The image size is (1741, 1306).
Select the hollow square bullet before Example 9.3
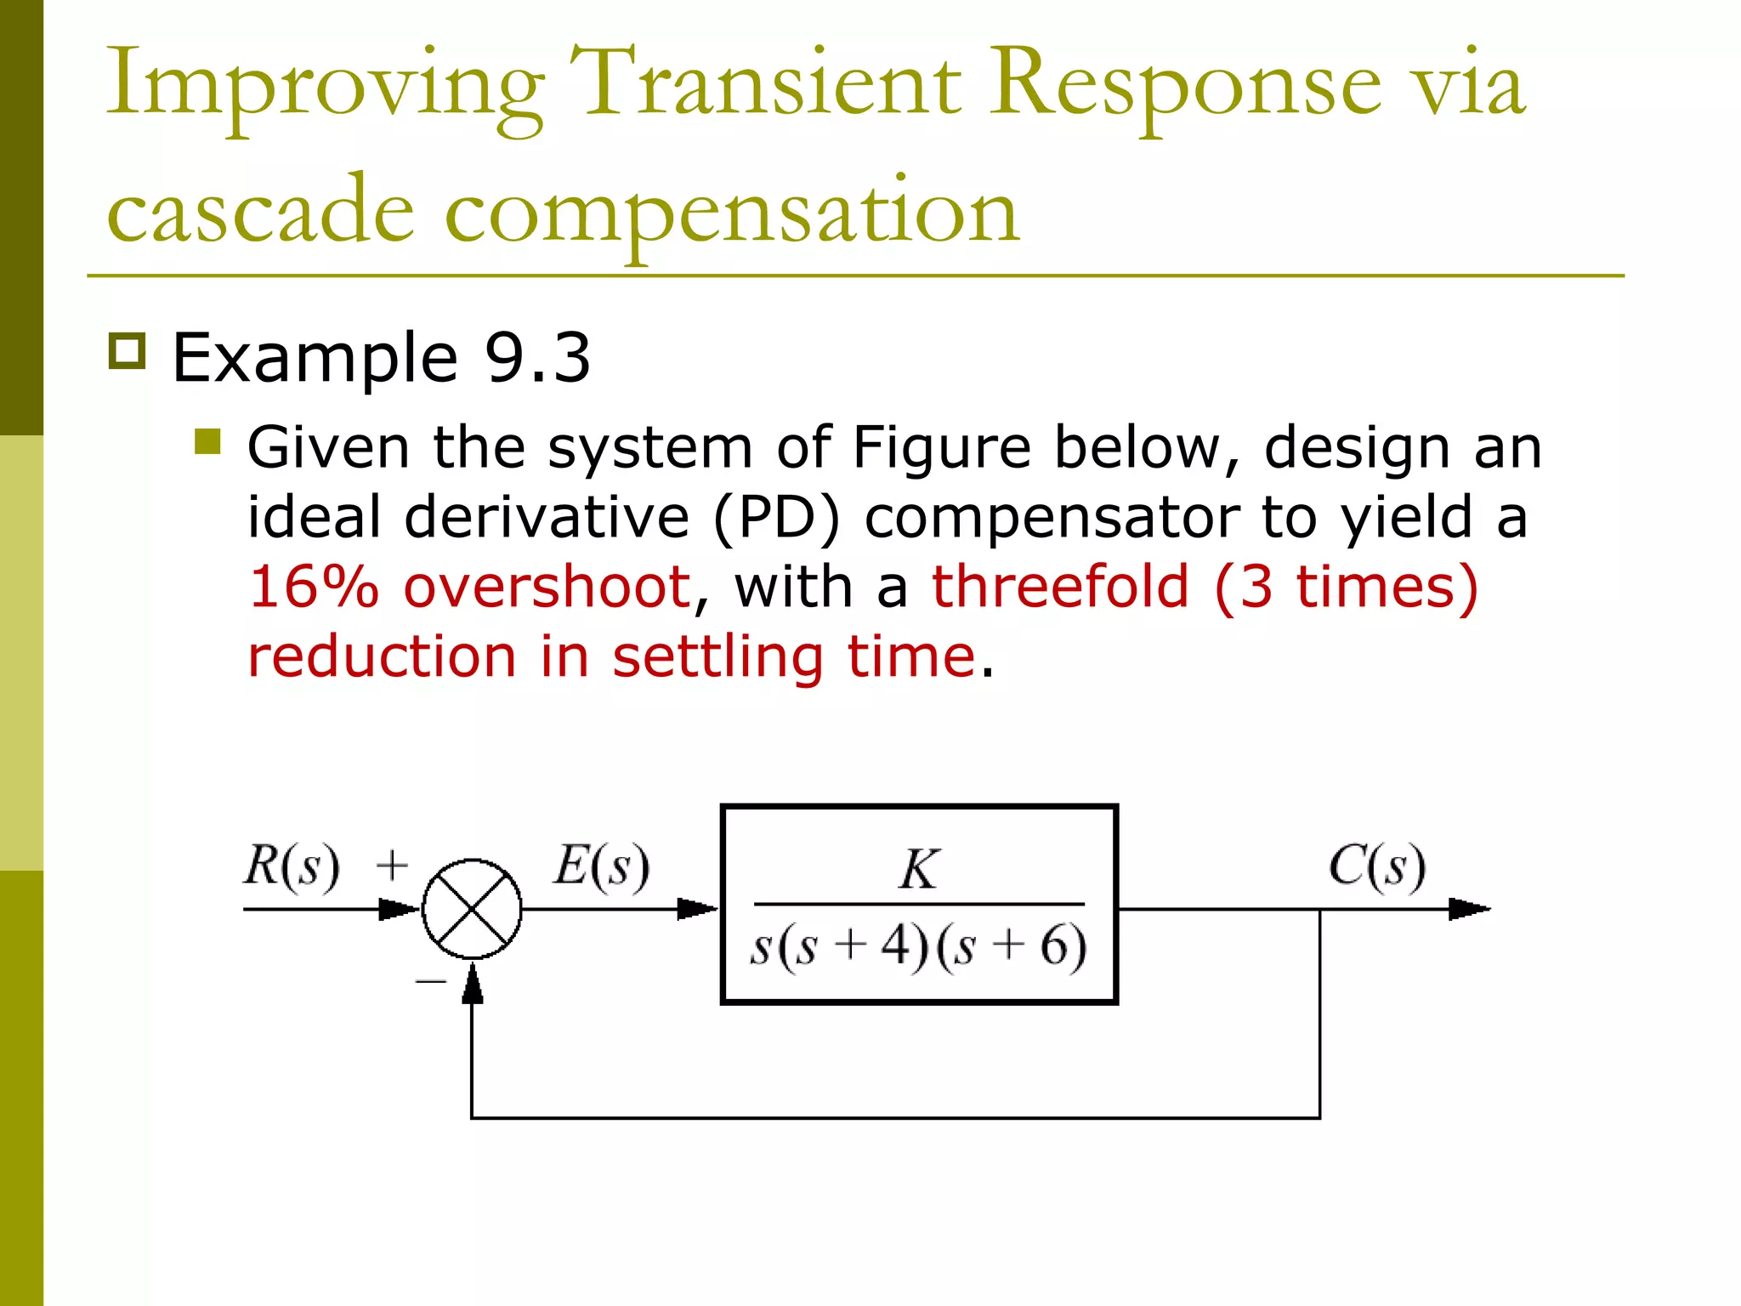click(x=128, y=351)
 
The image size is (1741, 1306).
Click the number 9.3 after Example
click(x=537, y=358)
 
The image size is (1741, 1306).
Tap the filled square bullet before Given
click(x=207, y=442)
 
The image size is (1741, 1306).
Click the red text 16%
click(x=313, y=587)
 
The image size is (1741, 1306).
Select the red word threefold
click(x=1060, y=587)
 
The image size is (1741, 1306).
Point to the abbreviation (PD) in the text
click(x=776, y=517)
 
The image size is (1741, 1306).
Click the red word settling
click(x=718, y=656)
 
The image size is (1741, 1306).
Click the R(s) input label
click(x=292, y=866)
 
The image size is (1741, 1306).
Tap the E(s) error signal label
click(x=602, y=866)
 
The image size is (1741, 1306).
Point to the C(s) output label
click(x=1377, y=866)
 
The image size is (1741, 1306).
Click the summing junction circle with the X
click(x=472, y=909)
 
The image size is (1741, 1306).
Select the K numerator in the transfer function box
click(x=919, y=869)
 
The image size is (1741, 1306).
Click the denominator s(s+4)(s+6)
click(x=919, y=946)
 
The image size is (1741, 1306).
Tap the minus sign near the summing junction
click(x=430, y=981)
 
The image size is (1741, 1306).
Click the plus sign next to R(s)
click(x=392, y=866)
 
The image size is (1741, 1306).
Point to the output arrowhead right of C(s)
click(x=1469, y=909)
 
